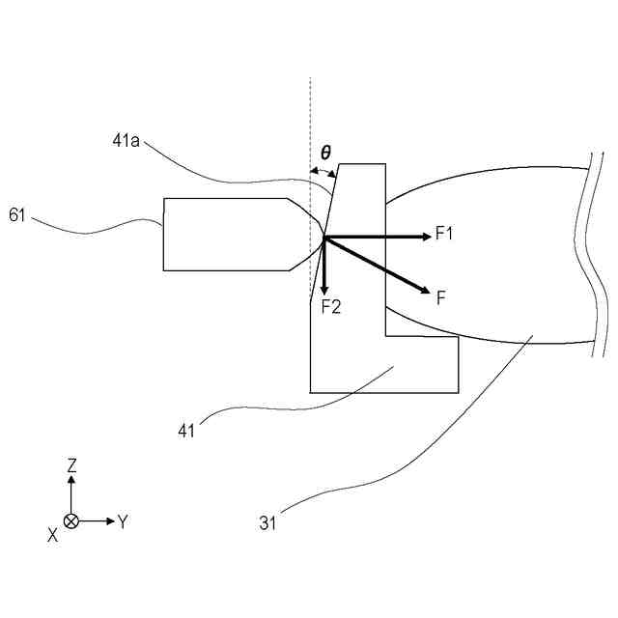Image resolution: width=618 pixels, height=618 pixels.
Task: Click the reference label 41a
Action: point(126,141)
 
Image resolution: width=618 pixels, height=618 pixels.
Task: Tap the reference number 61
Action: point(17,214)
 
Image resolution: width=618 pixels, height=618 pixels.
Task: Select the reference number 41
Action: point(186,431)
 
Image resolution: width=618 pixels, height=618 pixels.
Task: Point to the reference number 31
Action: point(267,523)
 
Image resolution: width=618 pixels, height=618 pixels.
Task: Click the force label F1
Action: point(444,233)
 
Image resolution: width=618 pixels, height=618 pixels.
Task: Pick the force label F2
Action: point(331,306)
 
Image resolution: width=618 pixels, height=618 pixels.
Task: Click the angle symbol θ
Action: point(325,153)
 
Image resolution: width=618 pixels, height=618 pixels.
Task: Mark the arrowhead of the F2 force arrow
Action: point(324,289)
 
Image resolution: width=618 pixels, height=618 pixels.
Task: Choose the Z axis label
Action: point(71,465)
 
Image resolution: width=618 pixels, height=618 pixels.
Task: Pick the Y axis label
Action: point(123,522)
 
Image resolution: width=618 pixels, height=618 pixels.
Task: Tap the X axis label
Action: point(52,534)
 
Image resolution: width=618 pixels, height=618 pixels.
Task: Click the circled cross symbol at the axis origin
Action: point(71,521)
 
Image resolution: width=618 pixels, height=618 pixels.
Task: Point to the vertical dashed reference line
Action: point(310,116)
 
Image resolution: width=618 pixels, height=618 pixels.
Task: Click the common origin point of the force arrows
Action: point(324,237)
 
